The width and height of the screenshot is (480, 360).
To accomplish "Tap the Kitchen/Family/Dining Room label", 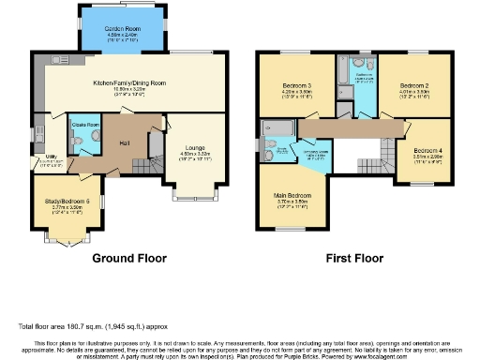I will click(x=130, y=82).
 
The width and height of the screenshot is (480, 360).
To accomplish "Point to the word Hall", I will click(x=125, y=142).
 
